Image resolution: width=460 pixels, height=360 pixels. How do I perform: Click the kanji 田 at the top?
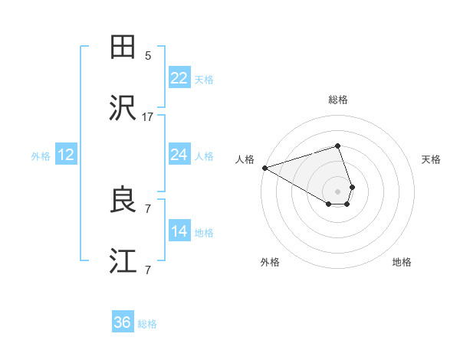[123, 47]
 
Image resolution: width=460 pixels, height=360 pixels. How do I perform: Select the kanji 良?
[123, 201]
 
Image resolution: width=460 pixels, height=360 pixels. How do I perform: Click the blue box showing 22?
[179, 78]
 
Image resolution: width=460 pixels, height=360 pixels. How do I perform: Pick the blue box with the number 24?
[179, 155]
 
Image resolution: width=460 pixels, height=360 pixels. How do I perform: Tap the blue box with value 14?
[179, 231]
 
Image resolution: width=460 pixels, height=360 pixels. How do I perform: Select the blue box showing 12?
[66, 155]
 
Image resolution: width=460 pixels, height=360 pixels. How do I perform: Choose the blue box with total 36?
[123, 322]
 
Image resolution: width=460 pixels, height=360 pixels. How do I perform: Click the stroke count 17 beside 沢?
[148, 117]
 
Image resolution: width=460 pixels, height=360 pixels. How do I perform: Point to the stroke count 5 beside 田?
[148, 55]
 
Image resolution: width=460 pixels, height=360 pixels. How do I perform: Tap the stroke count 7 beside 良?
[148, 208]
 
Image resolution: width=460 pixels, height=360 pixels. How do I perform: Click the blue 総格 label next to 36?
[147, 324]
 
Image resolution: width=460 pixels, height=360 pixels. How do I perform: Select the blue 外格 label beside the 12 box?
[41, 155]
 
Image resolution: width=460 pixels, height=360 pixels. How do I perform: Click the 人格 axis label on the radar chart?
[245, 159]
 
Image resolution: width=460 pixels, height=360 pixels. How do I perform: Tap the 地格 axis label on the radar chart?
[402, 262]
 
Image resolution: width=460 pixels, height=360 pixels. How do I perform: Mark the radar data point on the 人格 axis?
[264, 168]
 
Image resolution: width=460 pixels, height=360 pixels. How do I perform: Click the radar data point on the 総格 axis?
[337, 146]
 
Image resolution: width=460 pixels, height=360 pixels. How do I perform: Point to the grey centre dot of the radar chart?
[337, 191]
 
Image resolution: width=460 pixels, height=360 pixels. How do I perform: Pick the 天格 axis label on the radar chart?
[432, 159]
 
